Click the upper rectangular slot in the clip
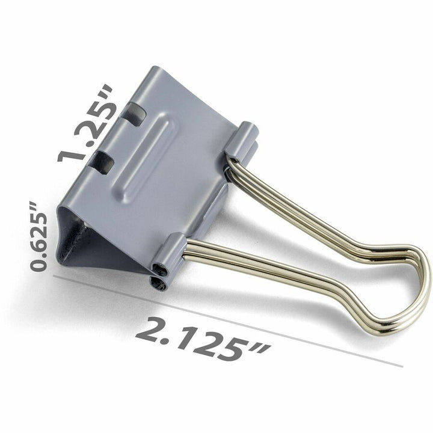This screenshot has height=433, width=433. pyautogui.click(x=134, y=114)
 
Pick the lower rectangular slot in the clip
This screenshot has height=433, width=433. pyautogui.click(x=103, y=162)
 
